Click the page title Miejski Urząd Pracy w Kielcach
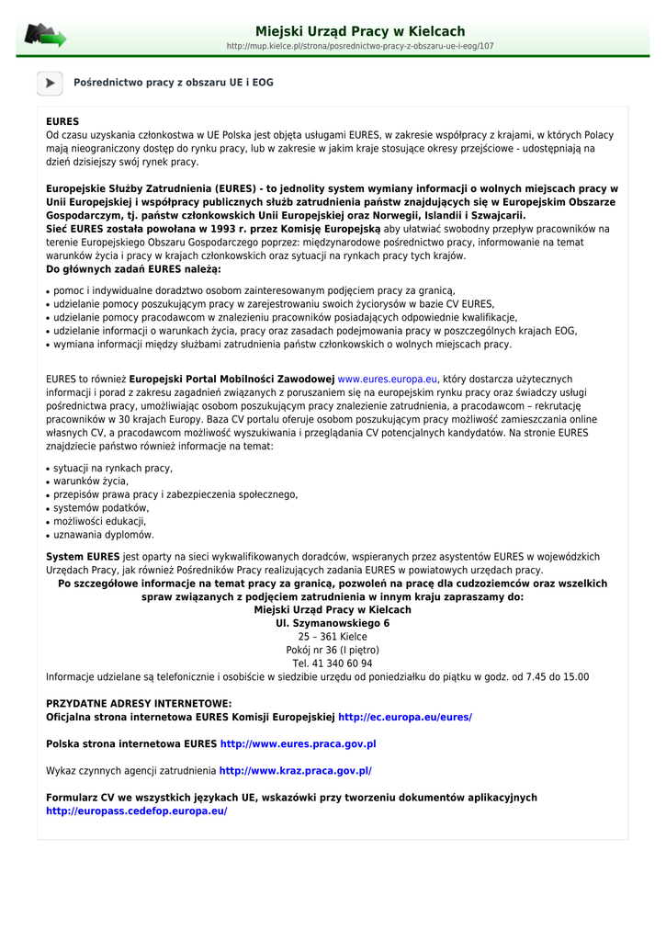pos(360,31)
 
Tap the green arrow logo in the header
pos(45,36)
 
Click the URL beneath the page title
pos(360,46)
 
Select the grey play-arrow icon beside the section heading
pos(50,83)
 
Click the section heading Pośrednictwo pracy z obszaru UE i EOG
pos(174,83)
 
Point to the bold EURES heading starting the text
pos(62,121)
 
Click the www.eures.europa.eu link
pos(388,379)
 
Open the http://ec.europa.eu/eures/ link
pos(405,717)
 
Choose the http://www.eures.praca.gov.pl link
pos(299,743)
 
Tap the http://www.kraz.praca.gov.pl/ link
pos(296,771)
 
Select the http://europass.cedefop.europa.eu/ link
pos(137,811)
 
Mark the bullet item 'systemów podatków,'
pos(101,508)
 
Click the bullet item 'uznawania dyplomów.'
pos(104,535)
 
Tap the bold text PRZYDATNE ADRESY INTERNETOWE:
pos(139,703)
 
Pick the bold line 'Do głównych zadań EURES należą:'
pos(133,269)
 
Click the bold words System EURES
pos(83,556)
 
